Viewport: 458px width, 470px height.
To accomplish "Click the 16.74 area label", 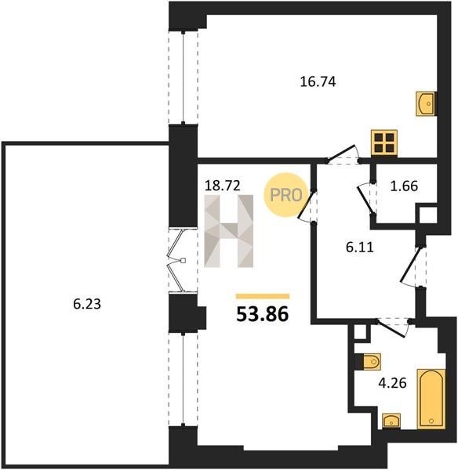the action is [x=318, y=81].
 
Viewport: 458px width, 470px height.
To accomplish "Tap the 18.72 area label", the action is [x=223, y=186].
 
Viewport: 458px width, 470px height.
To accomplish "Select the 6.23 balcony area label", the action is [x=87, y=304].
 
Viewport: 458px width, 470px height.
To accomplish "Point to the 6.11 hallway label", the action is [x=359, y=248].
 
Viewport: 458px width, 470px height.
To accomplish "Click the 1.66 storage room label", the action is [x=404, y=186].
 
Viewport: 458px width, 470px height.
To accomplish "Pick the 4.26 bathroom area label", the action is [x=393, y=383].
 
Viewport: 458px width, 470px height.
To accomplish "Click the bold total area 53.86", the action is [x=263, y=314].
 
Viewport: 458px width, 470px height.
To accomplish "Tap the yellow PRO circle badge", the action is [x=286, y=195].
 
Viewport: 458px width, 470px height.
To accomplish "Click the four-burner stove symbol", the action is [x=384, y=143].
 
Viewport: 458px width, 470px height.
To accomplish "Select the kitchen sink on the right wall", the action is [x=426, y=103].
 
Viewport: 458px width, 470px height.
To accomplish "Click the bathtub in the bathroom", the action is [x=431, y=399].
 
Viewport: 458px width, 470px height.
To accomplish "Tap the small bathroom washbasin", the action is [x=391, y=421].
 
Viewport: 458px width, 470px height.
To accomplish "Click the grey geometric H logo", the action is [x=229, y=231].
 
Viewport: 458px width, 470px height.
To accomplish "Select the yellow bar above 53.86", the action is [x=263, y=296].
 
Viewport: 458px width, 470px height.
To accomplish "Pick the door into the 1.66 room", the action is [x=365, y=199].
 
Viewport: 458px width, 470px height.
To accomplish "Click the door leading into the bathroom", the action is [x=391, y=328].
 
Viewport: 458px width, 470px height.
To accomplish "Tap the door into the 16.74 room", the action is [x=342, y=154].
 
